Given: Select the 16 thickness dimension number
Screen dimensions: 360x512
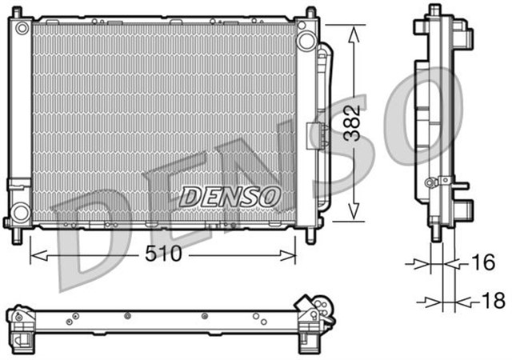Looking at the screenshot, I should point(480,262).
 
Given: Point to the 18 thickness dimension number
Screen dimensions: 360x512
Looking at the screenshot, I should point(490,302).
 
